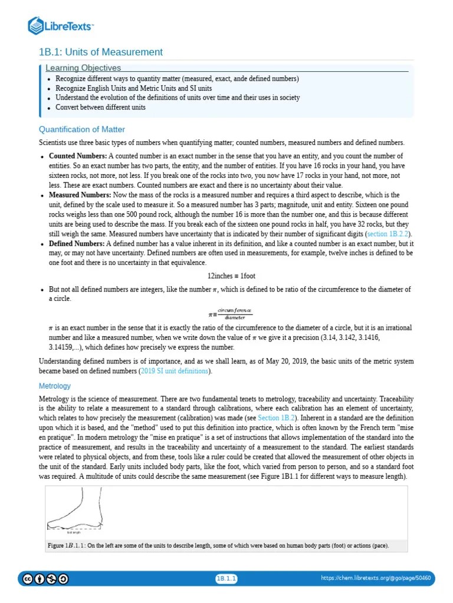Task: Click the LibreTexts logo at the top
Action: (61, 26)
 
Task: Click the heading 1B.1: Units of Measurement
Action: (100, 52)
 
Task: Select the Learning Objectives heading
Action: (83, 68)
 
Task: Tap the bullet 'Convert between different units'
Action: (100, 107)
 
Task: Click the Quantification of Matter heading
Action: (81, 130)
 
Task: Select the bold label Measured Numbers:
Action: (80, 195)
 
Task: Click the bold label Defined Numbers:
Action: (77, 243)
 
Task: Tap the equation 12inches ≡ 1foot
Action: (231, 276)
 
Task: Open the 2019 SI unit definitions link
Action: (174, 371)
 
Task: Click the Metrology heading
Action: (54, 386)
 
